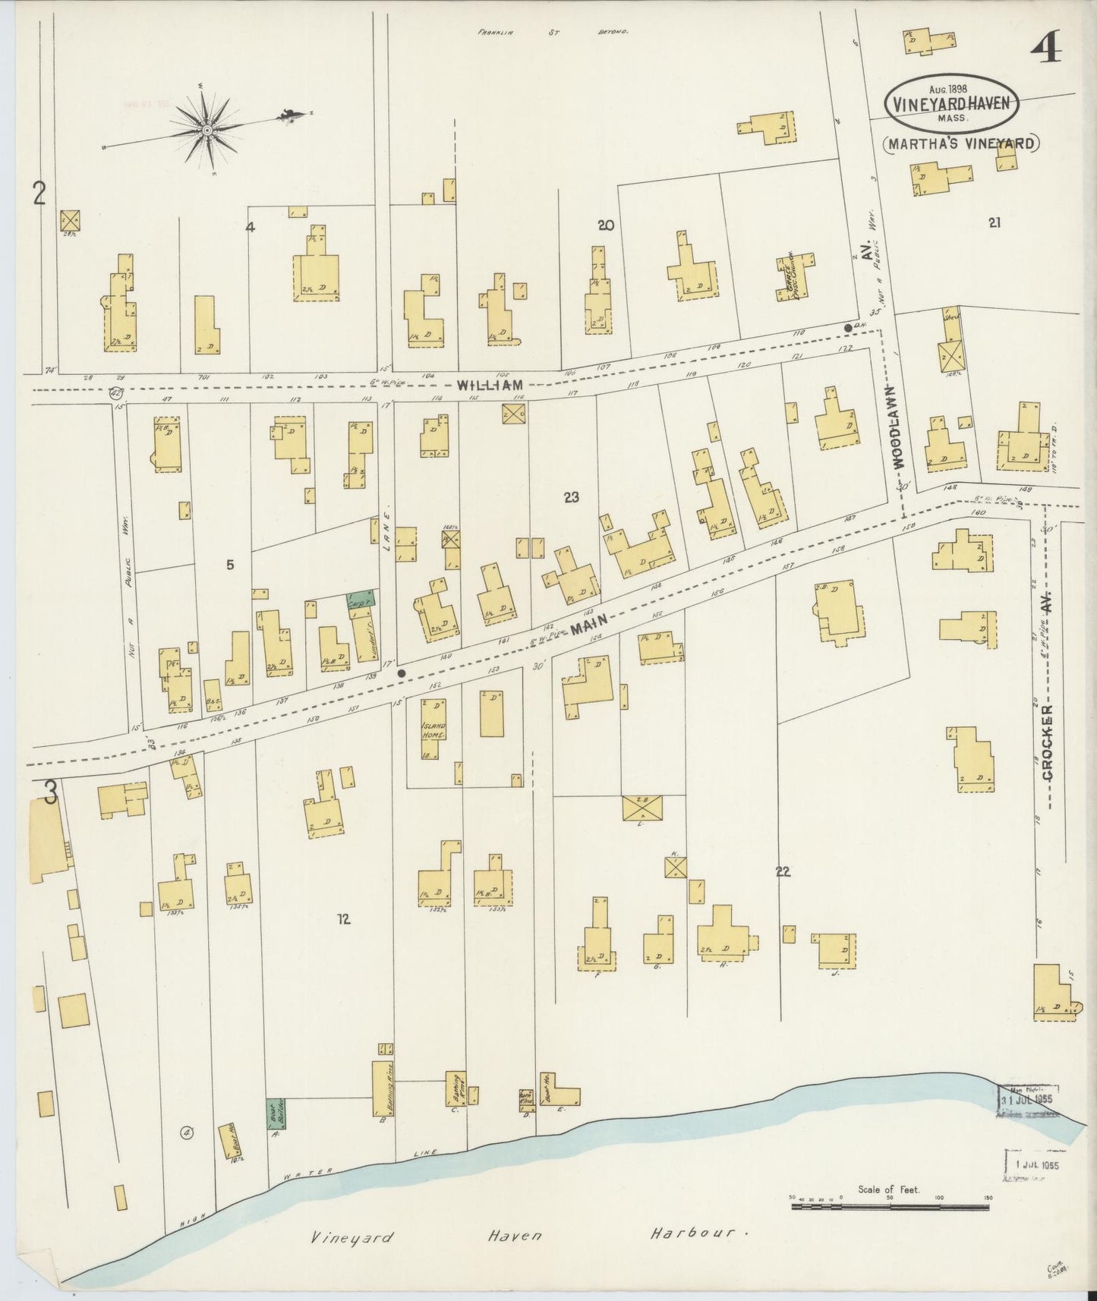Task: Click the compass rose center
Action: (206, 131)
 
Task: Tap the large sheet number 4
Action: (1046, 50)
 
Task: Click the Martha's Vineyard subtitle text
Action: (961, 143)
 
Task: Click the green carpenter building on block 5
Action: (361, 600)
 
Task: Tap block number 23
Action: (572, 497)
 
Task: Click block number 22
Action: (783, 871)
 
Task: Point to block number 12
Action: (343, 919)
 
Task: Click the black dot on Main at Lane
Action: (402, 673)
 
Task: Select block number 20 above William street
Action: (605, 225)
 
